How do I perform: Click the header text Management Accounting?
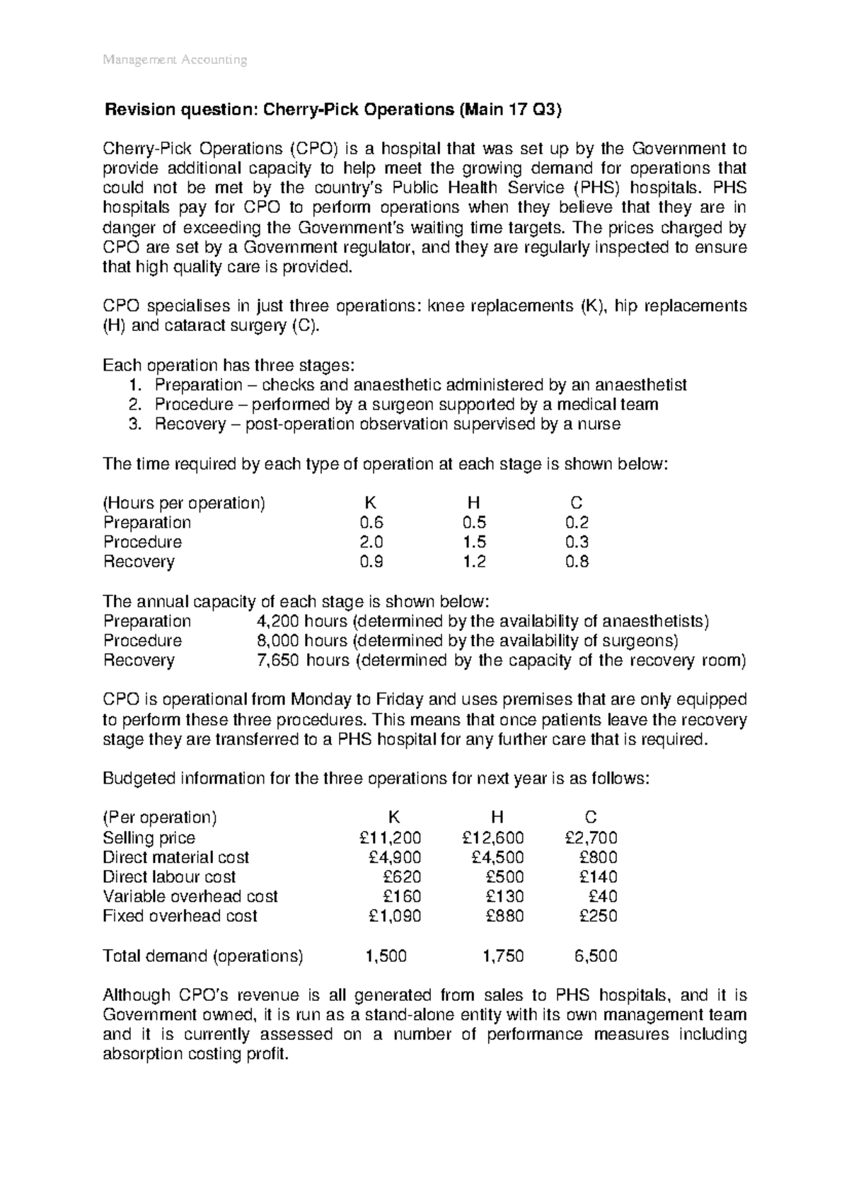[x=175, y=60]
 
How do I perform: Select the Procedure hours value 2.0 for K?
[x=371, y=543]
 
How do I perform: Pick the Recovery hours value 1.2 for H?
[x=474, y=562]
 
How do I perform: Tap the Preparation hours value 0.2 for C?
[x=577, y=523]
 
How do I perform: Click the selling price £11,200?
[x=390, y=838]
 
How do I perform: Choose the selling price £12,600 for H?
[x=492, y=838]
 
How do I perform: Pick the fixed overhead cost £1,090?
[x=395, y=917]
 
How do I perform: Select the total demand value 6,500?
[x=596, y=957]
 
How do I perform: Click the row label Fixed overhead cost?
[x=180, y=917]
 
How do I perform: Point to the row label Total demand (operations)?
[x=202, y=957]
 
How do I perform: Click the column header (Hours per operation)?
[x=184, y=504]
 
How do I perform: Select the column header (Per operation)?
[x=160, y=818]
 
